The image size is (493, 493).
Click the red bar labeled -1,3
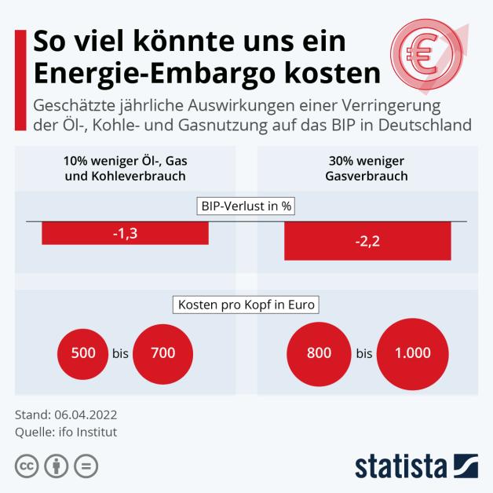pyautogui.click(x=125, y=233)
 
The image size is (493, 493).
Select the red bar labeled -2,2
pyautogui.click(x=367, y=240)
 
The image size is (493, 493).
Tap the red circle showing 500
pyautogui.click(x=82, y=353)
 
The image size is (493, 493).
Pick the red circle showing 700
pyautogui.click(x=163, y=353)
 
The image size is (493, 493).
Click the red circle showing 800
pyautogui.click(x=320, y=353)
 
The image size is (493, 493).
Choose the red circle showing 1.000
pyautogui.click(x=412, y=353)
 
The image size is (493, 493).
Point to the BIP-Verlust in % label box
pyautogui.click(x=246, y=207)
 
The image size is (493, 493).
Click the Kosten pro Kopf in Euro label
pyautogui.click(x=246, y=304)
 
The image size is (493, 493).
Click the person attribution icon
pyautogui.click(x=57, y=466)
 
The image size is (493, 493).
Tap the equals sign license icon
pyautogui.click(x=86, y=466)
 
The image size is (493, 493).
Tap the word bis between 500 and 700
pyautogui.click(x=120, y=353)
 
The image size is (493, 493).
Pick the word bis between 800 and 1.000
pyautogui.click(x=363, y=353)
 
